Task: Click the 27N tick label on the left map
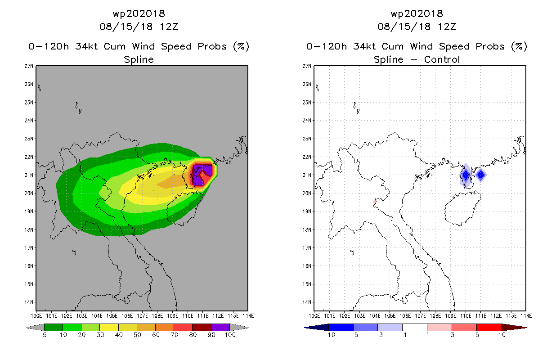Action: pos(28,66)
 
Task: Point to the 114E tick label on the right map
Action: pos(526,316)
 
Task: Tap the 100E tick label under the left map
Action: pos(36,316)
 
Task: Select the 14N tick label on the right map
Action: pos(306,302)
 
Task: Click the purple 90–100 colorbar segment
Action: pos(220,327)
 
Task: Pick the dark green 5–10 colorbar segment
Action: pos(54,327)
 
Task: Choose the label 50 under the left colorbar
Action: pos(137,335)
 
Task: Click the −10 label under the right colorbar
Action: pos(329,335)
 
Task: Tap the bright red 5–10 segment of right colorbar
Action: pos(489,327)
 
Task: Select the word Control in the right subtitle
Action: pos(442,59)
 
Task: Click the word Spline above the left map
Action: pos(139,59)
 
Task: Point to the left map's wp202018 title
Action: pos(139,13)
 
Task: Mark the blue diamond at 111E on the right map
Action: pos(481,175)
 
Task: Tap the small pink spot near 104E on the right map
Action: pos(375,202)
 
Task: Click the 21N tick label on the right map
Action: pos(306,175)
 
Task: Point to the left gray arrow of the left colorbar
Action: pos(35,327)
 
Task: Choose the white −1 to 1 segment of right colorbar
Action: pos(415,327)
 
